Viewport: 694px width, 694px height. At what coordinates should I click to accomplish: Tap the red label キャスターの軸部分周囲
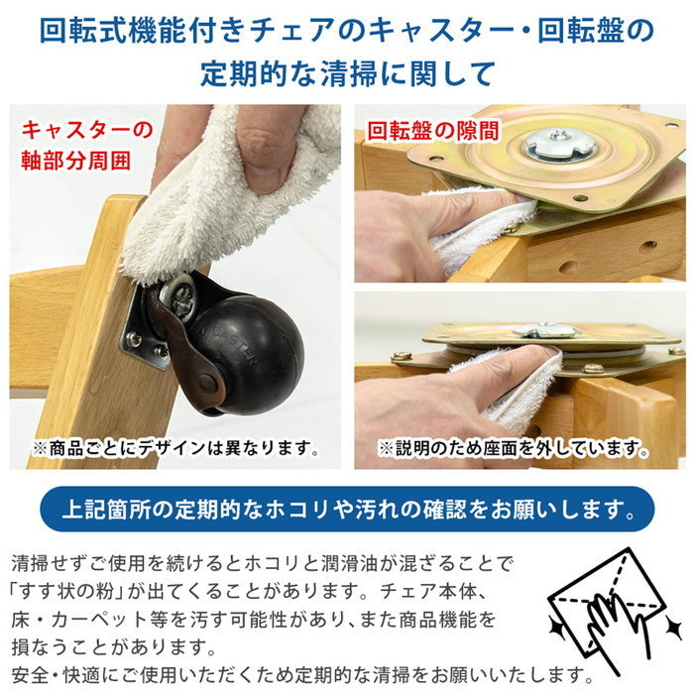coord(88,146)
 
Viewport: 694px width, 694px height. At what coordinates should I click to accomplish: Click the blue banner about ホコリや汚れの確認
coord(347,510)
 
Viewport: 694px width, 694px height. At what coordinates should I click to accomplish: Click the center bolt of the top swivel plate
coord(559,145)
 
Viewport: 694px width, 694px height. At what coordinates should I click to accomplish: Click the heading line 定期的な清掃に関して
coord(347,74)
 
